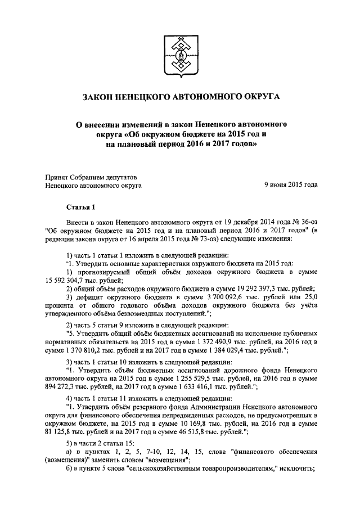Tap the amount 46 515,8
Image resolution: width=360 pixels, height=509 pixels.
(x=200, y=433)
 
